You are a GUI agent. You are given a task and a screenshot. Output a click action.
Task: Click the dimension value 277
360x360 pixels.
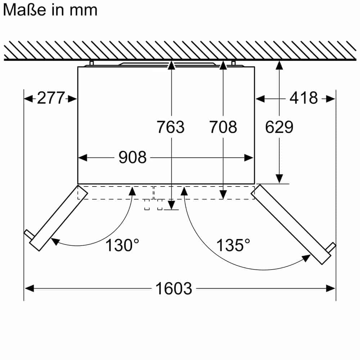51,98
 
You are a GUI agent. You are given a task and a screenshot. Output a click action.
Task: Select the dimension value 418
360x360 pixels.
304,98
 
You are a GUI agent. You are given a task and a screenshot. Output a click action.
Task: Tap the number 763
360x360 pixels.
170,127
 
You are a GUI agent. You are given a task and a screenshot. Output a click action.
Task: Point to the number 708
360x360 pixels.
223,127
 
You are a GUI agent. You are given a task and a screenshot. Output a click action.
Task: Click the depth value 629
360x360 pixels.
279,127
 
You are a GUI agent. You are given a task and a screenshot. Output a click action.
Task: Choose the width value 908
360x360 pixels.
132,158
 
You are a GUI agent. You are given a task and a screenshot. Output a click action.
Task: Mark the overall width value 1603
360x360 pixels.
174,288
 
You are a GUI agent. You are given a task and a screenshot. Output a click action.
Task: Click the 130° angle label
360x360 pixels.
122,246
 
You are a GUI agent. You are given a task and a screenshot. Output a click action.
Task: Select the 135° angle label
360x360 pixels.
233,246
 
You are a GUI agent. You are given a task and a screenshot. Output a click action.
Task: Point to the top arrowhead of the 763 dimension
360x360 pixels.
171,65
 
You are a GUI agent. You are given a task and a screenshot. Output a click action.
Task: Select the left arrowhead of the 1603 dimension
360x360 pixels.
29,288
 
